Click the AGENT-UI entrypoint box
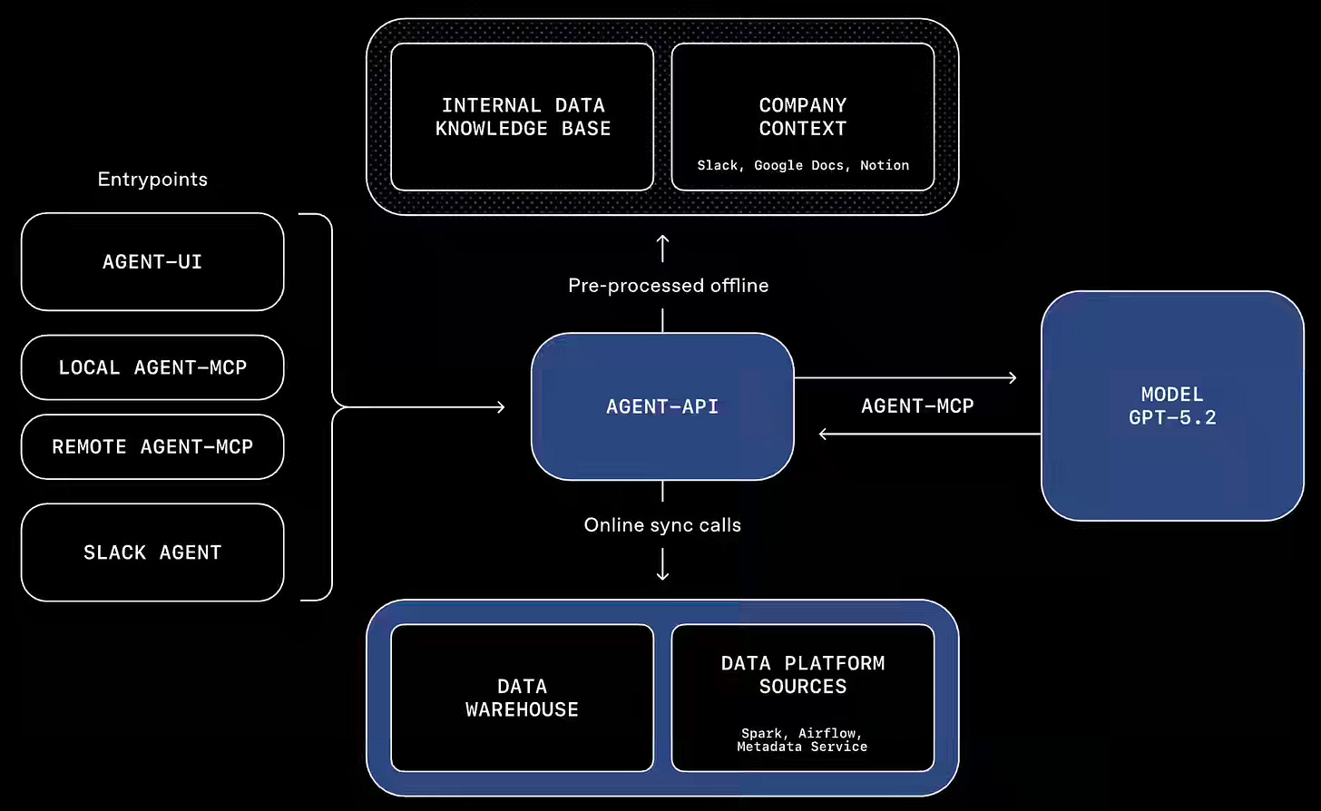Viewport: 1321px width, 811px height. [152, 262]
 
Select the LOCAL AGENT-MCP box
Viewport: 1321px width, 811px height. [152, 367]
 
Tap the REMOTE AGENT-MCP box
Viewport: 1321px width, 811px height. [152, 446]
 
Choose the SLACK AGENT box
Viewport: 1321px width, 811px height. [152, 552]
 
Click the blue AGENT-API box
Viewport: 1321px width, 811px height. [662, 406]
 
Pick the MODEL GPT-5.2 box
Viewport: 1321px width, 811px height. [1172, 405]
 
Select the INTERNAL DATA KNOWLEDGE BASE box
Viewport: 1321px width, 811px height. [523, 117]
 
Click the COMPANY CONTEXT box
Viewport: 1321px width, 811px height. [803, 117]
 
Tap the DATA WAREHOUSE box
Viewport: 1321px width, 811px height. [523, 698]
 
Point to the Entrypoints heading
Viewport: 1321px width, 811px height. [152, 180]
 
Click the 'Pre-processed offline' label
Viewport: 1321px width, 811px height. [669, 286]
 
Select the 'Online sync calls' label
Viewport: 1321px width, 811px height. [662, 525]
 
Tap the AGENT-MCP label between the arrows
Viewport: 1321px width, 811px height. [917, 406]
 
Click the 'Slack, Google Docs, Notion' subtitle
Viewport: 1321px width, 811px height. [803, 165]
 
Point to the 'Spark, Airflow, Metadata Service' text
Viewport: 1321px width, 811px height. [802, 739]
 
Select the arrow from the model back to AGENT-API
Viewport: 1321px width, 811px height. [929, 435]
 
